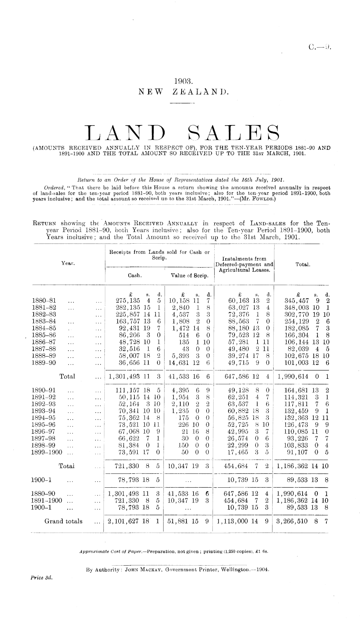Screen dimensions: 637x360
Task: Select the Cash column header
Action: point(134,276)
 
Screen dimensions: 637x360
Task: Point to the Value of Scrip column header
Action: point(189,276)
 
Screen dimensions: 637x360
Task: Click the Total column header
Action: point(303,264)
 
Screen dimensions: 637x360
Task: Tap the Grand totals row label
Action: point(63,521)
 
